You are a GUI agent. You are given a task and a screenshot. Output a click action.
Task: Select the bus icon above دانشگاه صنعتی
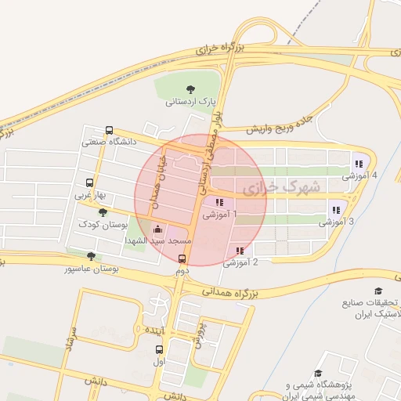click(109, 131)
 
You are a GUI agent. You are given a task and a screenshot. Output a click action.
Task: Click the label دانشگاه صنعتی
click(109, 143)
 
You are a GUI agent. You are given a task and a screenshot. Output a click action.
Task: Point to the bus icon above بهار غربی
click(89, 182)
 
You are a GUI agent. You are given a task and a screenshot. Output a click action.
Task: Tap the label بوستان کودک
click(102, 225)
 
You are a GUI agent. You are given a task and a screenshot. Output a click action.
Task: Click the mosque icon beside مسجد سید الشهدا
click(159, 230)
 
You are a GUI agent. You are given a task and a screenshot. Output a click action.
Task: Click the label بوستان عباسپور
click(92, 269)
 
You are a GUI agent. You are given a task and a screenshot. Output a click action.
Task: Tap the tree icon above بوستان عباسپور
click(92, 256)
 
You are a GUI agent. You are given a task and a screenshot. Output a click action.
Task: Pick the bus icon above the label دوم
click(182, 258)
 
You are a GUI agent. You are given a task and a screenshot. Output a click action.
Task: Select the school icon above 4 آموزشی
click(357, 164)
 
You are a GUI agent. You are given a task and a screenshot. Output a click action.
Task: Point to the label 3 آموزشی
click(336, 222)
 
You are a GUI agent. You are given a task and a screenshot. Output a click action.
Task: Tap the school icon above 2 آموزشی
click(239, 251)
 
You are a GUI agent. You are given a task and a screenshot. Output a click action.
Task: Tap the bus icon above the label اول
click(161, 350)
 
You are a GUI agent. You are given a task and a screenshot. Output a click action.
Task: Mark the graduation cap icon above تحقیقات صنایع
click(379, 291)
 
